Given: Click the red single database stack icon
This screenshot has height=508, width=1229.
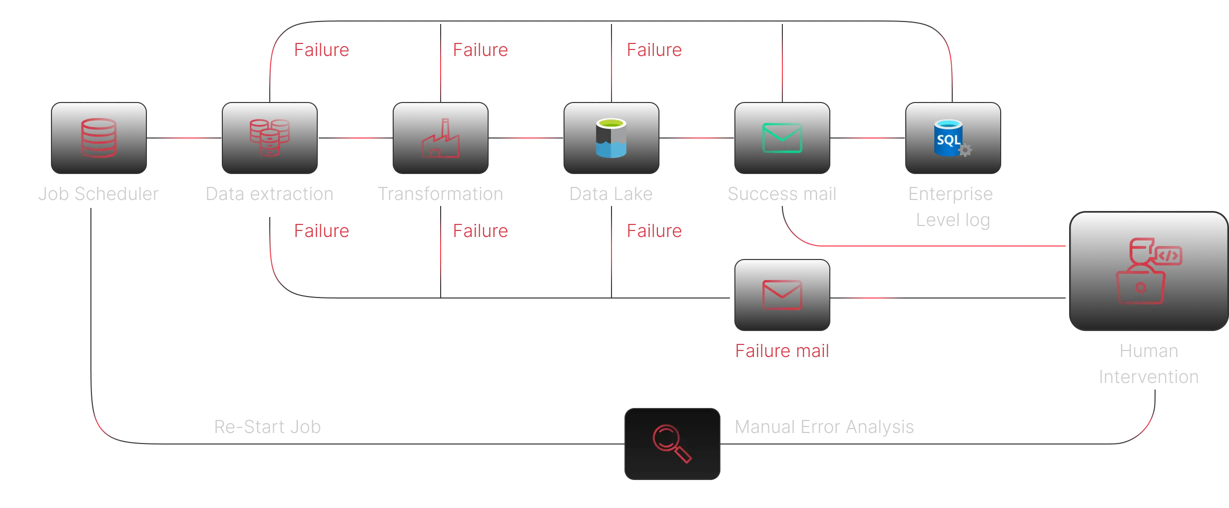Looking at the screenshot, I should tap(98, 138).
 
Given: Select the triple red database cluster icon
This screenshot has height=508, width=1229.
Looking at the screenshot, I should tap(270, 137).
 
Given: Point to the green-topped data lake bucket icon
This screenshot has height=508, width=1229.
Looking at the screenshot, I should tap(611, 138).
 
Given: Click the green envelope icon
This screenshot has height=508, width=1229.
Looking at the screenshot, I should tap(782, 138).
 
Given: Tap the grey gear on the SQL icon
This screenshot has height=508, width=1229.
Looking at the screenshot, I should tap(965, 149).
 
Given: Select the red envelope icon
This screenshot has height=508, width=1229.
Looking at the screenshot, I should tap(782, 294).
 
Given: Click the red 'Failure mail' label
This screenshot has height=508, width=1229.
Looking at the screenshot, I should tap(782, 350).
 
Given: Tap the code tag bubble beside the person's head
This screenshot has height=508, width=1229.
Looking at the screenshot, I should tap(1169, 256).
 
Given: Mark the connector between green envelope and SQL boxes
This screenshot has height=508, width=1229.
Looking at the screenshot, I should tap(867, 138).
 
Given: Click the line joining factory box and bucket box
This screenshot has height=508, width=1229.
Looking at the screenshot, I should tap(527, 138).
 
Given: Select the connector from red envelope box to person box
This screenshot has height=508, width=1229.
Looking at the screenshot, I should tap(949, 298).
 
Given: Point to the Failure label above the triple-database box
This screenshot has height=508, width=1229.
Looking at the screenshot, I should tap(322, 50).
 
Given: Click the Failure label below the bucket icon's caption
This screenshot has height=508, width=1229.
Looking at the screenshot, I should tap(654, 231).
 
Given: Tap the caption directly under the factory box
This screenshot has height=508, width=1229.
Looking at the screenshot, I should tap(440, 193).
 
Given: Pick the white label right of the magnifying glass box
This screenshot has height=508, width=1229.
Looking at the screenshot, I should tap(824, 427).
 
